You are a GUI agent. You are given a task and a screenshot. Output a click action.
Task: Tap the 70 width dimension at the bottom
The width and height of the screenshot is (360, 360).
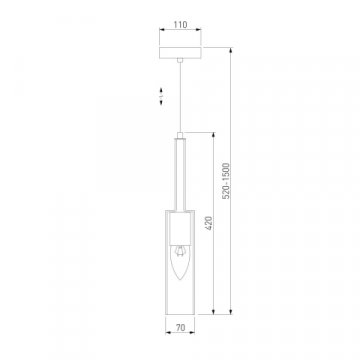click(x=179, y=325)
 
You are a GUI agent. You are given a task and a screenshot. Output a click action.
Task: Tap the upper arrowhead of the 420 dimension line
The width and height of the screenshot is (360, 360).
click(x=215, y=137)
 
